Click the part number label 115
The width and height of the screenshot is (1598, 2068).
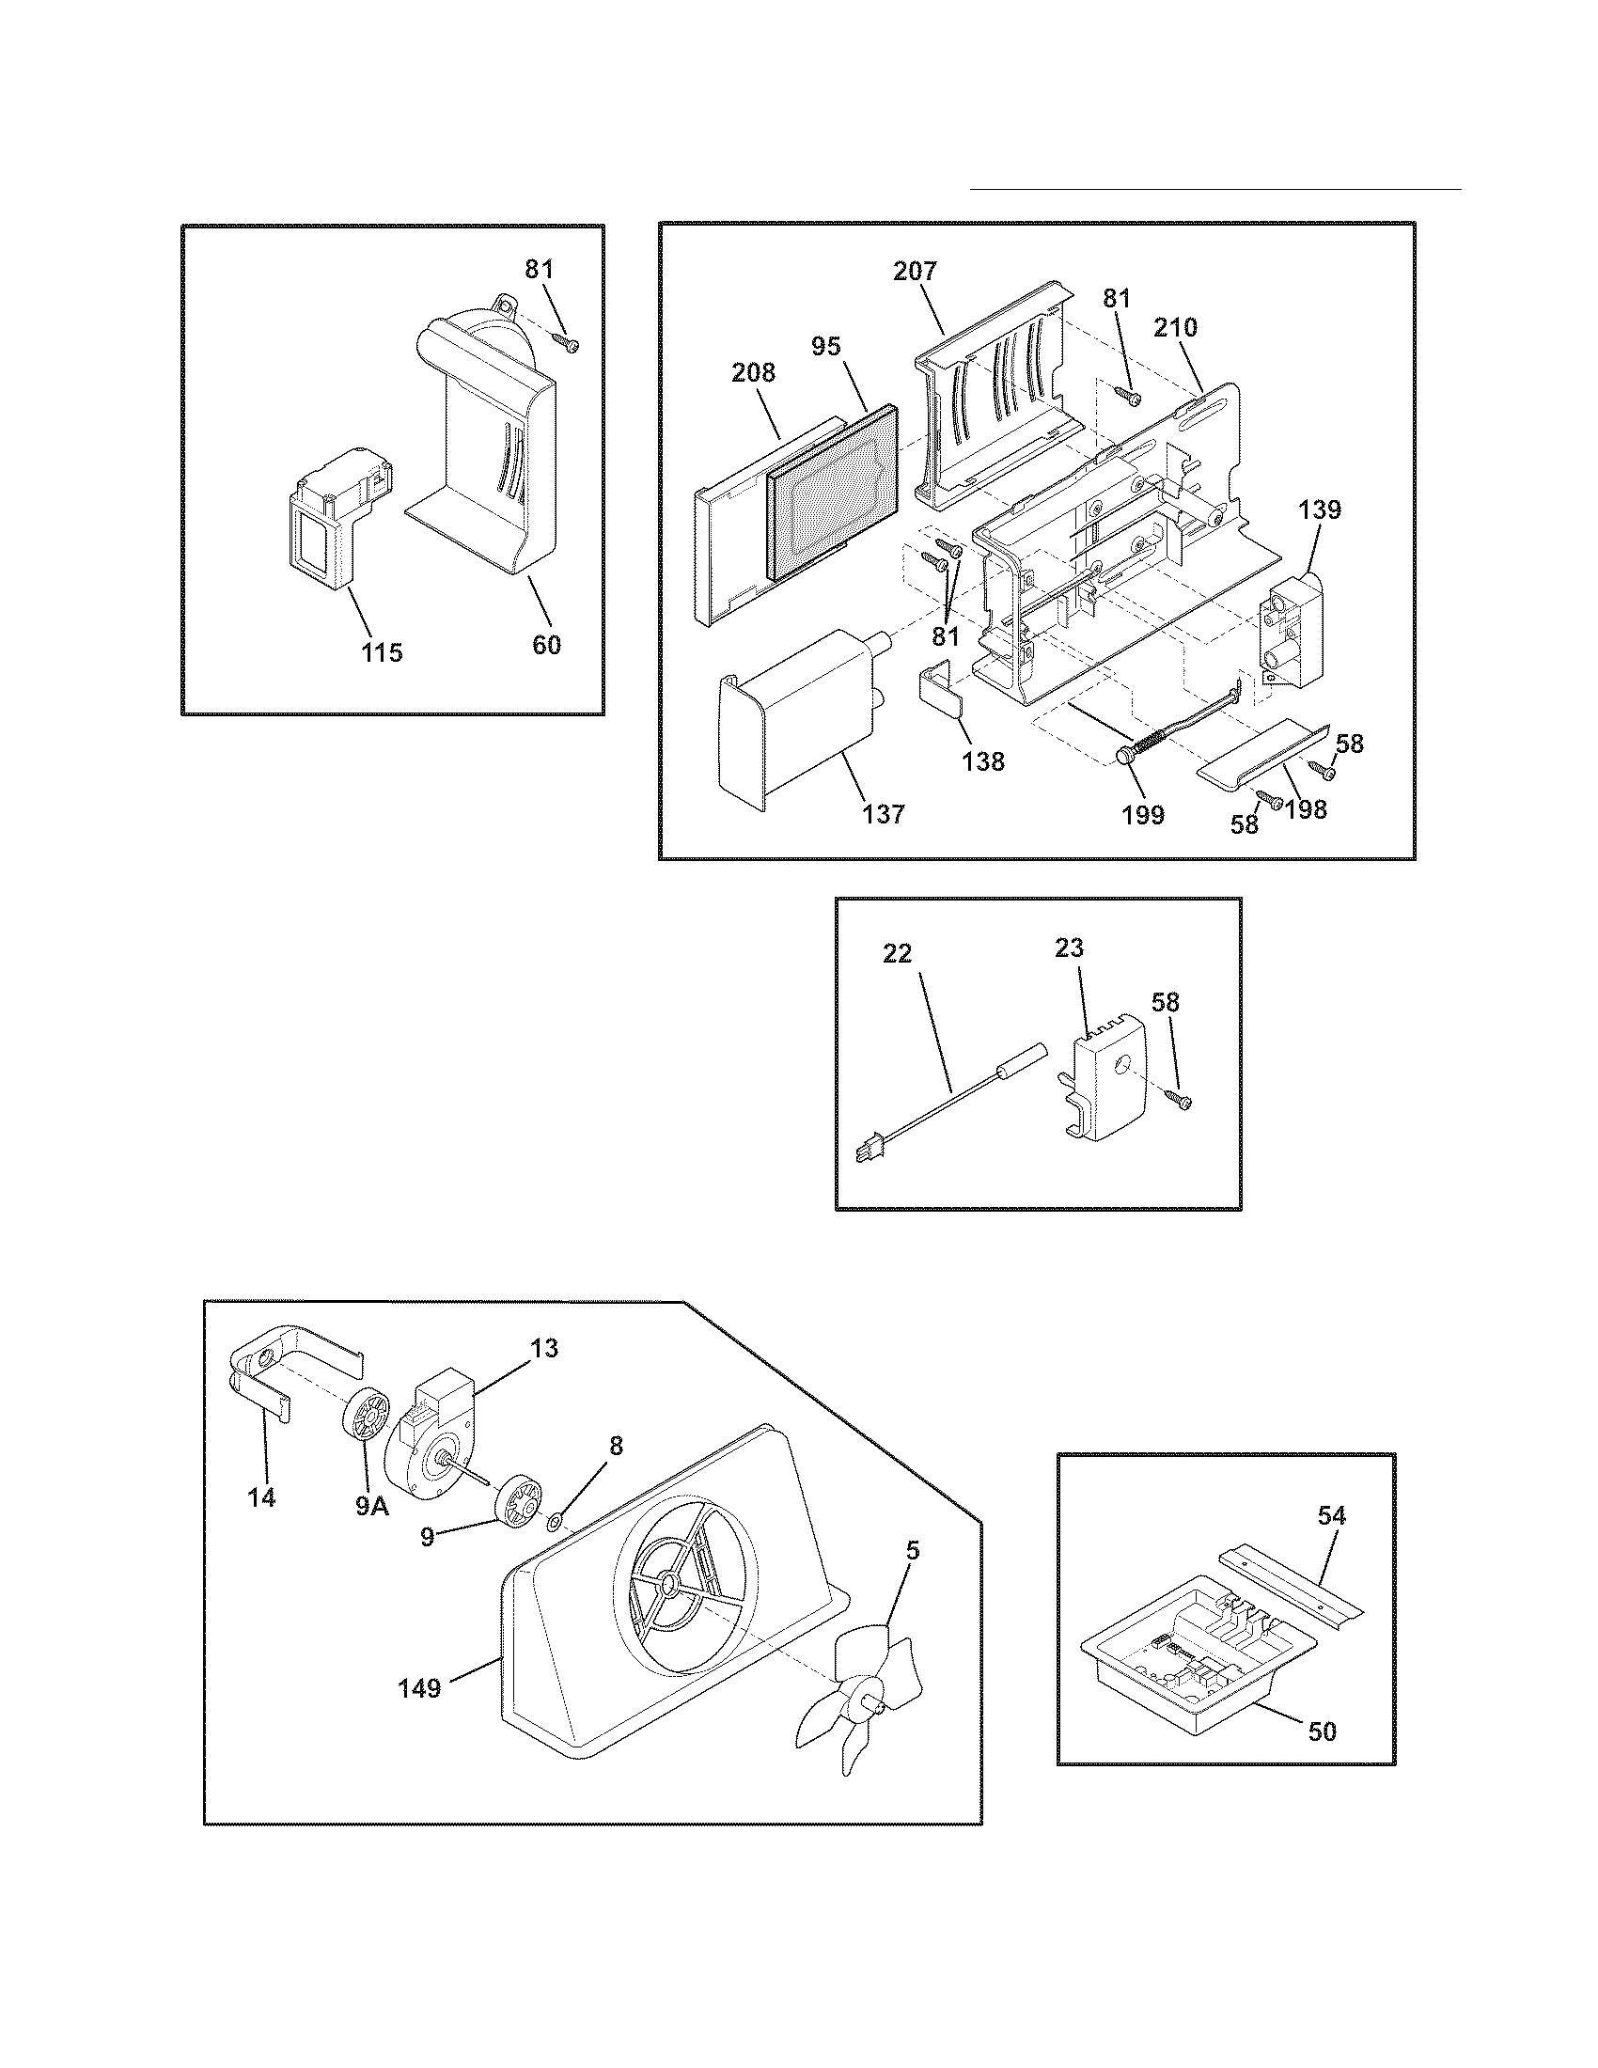382,652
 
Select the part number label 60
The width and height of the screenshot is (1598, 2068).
546,645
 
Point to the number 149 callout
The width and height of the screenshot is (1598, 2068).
419,1687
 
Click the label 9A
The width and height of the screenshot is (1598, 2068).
372,1507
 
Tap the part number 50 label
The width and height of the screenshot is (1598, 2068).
1323,1731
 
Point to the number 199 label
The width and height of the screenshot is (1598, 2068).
1143,814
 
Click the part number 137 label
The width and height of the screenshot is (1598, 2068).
884,813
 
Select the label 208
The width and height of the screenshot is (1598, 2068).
754,373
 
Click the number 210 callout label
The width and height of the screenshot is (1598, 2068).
1176,328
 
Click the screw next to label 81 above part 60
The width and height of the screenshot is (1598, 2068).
567,343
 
